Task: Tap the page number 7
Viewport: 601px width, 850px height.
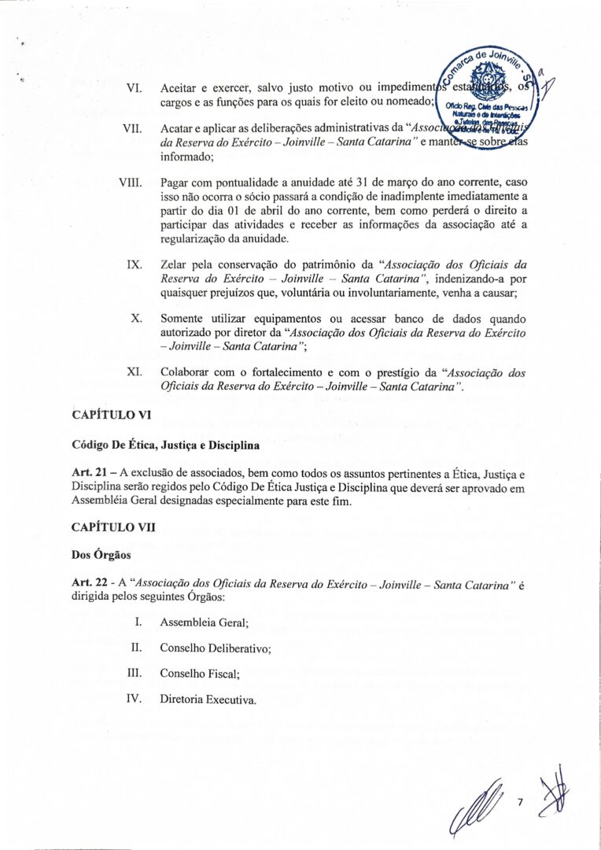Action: point(520,802)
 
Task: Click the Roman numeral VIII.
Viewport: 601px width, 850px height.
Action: point(130,183)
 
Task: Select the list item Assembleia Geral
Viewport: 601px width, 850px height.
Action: point(204,623)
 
